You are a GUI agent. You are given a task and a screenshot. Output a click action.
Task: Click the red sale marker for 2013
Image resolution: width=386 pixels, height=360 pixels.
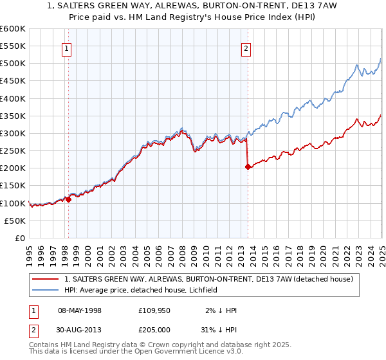(248, 166)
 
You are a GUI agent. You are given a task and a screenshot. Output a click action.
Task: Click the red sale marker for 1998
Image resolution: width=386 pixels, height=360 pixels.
(68, 199)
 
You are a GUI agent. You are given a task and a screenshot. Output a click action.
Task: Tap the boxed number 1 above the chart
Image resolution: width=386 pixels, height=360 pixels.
(67, 47)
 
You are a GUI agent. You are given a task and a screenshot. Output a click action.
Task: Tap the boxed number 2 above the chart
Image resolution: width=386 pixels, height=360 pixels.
(246, 47)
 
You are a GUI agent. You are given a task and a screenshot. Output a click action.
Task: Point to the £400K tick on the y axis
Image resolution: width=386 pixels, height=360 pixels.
(14, 98)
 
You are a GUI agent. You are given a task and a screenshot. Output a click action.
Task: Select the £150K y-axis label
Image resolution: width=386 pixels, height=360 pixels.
(14, 186)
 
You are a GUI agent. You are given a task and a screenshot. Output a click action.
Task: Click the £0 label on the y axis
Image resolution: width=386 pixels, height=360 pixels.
(19, 238)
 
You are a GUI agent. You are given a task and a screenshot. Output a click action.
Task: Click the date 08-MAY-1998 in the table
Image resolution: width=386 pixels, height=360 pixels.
(80, 310)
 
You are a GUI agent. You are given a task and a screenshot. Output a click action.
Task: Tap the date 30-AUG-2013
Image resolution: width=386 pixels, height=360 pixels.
(80, 328)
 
